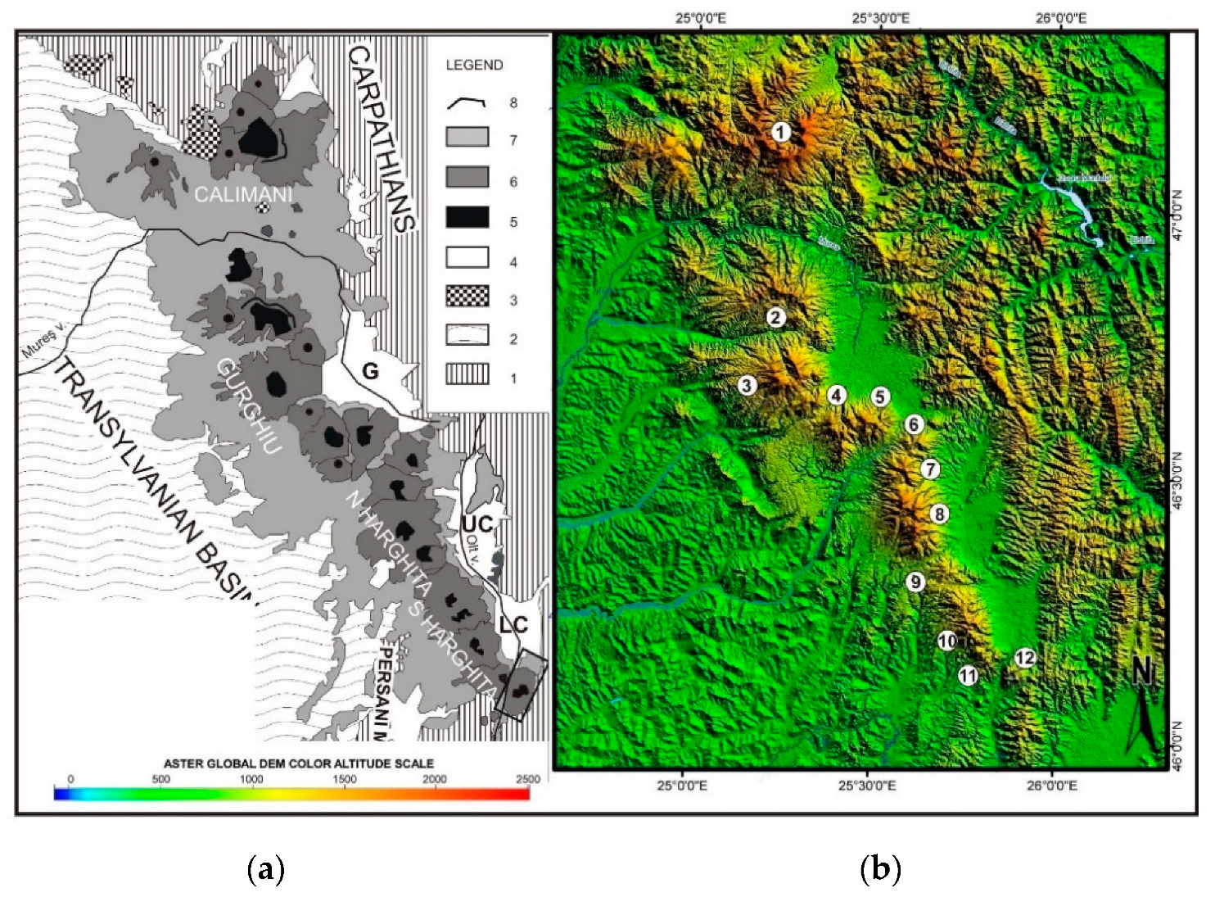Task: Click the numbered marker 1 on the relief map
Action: coord(781,132)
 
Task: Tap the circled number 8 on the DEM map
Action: coord(939,514)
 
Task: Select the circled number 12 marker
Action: coord(1024,658)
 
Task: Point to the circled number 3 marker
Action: coord(747,385)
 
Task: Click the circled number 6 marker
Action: coord(914,424)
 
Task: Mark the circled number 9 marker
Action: coord(915,582)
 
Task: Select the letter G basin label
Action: coord(370,371)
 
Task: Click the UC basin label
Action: coord(477,523)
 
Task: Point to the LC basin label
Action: coord(513,625)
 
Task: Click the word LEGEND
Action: coord(474,66)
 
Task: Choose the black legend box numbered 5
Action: coord(467,218)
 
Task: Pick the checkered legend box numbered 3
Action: coord(467,297)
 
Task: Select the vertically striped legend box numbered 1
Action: coord(467,375)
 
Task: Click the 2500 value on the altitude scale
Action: coord(528,778)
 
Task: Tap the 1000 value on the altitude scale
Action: coord(251,778)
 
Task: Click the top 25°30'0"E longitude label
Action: coord(880,17)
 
